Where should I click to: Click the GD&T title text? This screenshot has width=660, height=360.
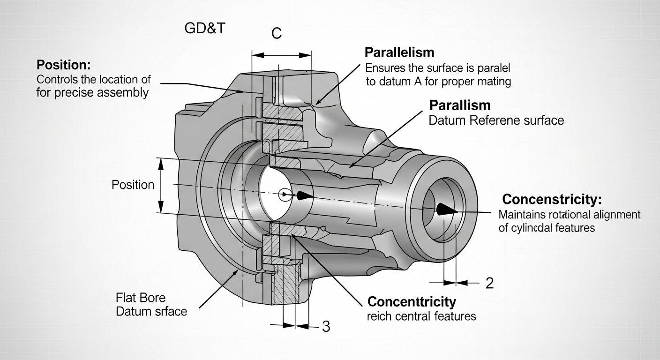tap(205, 28)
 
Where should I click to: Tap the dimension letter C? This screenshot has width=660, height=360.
tap(277, 34)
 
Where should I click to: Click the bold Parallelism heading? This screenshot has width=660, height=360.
tap(399, 52)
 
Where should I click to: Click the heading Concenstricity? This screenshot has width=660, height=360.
tap(552, 199)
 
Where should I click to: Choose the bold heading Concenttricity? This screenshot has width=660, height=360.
tap(412, 301)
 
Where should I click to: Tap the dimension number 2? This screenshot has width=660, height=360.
tap(489, 283)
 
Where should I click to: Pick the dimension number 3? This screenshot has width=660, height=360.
tap(326, 326)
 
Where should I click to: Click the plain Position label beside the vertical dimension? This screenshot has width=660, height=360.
tap(133, 185)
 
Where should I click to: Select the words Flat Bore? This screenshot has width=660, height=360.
tap(140, 298)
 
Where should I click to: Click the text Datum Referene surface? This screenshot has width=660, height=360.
tap(496, 120)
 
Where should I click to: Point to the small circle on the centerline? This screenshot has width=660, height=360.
tap(284, 194)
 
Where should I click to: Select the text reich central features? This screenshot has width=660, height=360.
tap(421, 316)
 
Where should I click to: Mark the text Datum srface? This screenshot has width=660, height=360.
tap(151, 311)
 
